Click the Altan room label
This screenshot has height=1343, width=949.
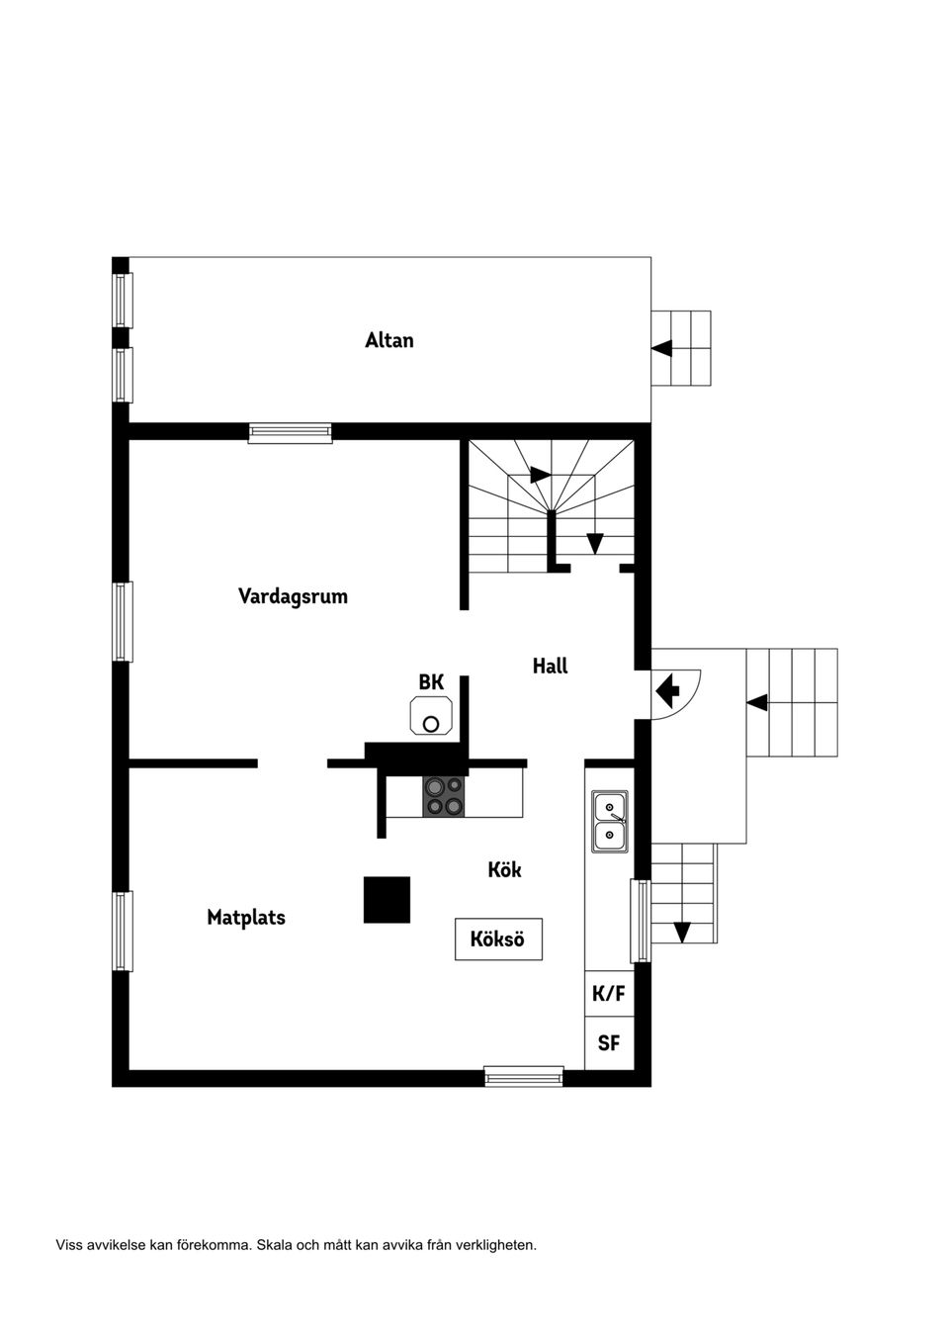pyautogui.click(x=388, y=340)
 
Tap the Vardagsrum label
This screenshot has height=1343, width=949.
pyautogui.click(x=293, y=596)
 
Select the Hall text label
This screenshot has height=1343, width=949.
pyautogui.click(x=550, y=666)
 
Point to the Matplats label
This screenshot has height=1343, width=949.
pyautogui.click(x=246, y=918)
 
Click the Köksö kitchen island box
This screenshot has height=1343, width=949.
pyautogui.click(x=498, y=939)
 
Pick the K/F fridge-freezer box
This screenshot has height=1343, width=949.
pyautogui.click(x=609, y=994)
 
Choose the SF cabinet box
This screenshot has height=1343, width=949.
pyautogui.click(x=609, y=1043)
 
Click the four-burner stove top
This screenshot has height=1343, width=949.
pyautogui.click(x=443, y=796)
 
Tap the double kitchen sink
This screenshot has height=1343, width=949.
pyautogui.click(x=610, y=822)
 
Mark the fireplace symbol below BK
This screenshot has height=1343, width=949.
pyautogui.click(x=431, y=715)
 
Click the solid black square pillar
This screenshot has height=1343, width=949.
pyautogui.click(x=388, y=900)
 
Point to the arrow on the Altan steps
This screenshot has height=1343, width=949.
pyautogui.click(x=662, y=348)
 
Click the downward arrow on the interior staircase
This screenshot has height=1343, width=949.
pyautogui.click(x=594, y=543)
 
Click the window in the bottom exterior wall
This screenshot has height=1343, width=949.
pyautogui.click(x=524, y=1076)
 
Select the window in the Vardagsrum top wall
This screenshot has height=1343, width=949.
pyautogui.click(x=290, y=432)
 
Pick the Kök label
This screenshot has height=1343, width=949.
pyautogui.click(x=504, y=870)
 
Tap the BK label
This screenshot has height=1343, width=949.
pyautogui.click(x=431, y=682)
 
